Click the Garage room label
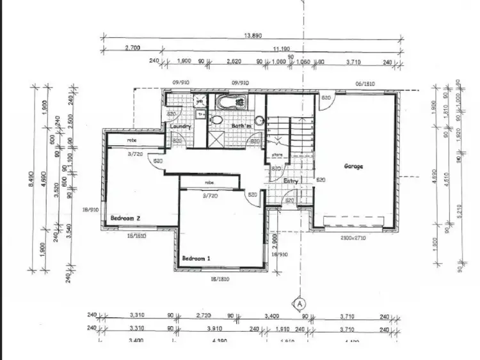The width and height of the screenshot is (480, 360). click(353, 166)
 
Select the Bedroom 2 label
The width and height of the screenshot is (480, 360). click(125, 218)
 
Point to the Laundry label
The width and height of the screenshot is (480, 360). click(181, 127)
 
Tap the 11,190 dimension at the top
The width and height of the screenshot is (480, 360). click(280, 48)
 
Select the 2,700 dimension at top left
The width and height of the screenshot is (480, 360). click(132, 48)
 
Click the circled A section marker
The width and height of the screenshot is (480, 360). click(298, 303)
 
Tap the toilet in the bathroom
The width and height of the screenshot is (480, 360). click(216, 120)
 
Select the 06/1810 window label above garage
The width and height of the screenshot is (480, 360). click(365, 83)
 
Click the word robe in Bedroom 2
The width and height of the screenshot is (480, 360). click(132, 140)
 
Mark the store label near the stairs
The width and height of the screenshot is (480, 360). click(276, 154)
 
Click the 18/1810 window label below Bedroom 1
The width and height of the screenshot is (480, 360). click(220, 279)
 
